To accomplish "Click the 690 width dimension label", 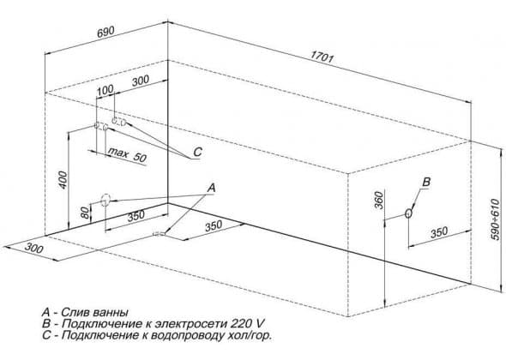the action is [x=105, y=32].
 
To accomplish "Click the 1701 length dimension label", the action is [x=322, y=57].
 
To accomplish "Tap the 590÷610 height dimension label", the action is [x=495, y=219].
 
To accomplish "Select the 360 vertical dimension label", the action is [x=379, y=200].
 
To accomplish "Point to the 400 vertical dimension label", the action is [x=63, y=180].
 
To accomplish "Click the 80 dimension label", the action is [x=85, y=213].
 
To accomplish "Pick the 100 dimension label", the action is [x=105, y=90].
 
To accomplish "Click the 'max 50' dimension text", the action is [x=127, y=154].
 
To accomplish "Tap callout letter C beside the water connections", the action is [x=197, y=152].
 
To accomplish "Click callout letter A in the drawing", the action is [x=211, y=188].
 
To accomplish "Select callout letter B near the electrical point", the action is [x=426, y=182].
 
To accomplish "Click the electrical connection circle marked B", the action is [x=408, y=213].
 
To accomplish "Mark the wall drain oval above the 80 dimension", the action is [x=105, y=200].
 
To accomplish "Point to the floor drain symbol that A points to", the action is [x=159, y=233].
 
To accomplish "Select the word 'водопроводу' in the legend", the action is [x=185, y=335].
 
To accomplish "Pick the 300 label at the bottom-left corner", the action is [x=34, y=249].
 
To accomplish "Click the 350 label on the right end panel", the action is [x=439, y=232].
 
